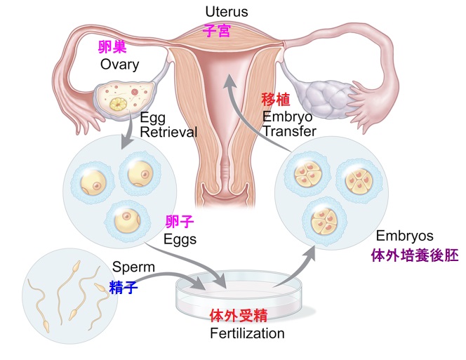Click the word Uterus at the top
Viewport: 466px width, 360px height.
tap(227, 12)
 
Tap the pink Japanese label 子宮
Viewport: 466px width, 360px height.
tap(217, 31)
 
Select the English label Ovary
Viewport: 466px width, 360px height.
tap(120, 65)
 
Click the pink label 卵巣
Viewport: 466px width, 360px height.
tap(112, 47)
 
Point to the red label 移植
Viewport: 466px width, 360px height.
tap(276, 99)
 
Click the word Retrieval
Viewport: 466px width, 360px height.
tap(168, 132)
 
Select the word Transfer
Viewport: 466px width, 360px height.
tap(289, 131)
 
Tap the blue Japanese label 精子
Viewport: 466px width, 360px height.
tap(124, 287)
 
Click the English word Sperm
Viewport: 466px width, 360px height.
tap(134, 267)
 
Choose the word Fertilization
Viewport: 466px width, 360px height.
tap(247, 333)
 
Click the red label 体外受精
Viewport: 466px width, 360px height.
tap(239, 315)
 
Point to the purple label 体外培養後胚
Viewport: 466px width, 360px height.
tap(415, 255)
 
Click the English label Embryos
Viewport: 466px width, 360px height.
tap(404, 236)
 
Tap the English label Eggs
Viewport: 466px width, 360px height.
tap(180, 239)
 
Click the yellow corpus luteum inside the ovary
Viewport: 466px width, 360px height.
tap(119, 105)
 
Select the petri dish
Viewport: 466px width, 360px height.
tap(239, 294)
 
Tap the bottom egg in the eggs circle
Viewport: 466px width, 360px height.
tap(127, 220)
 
